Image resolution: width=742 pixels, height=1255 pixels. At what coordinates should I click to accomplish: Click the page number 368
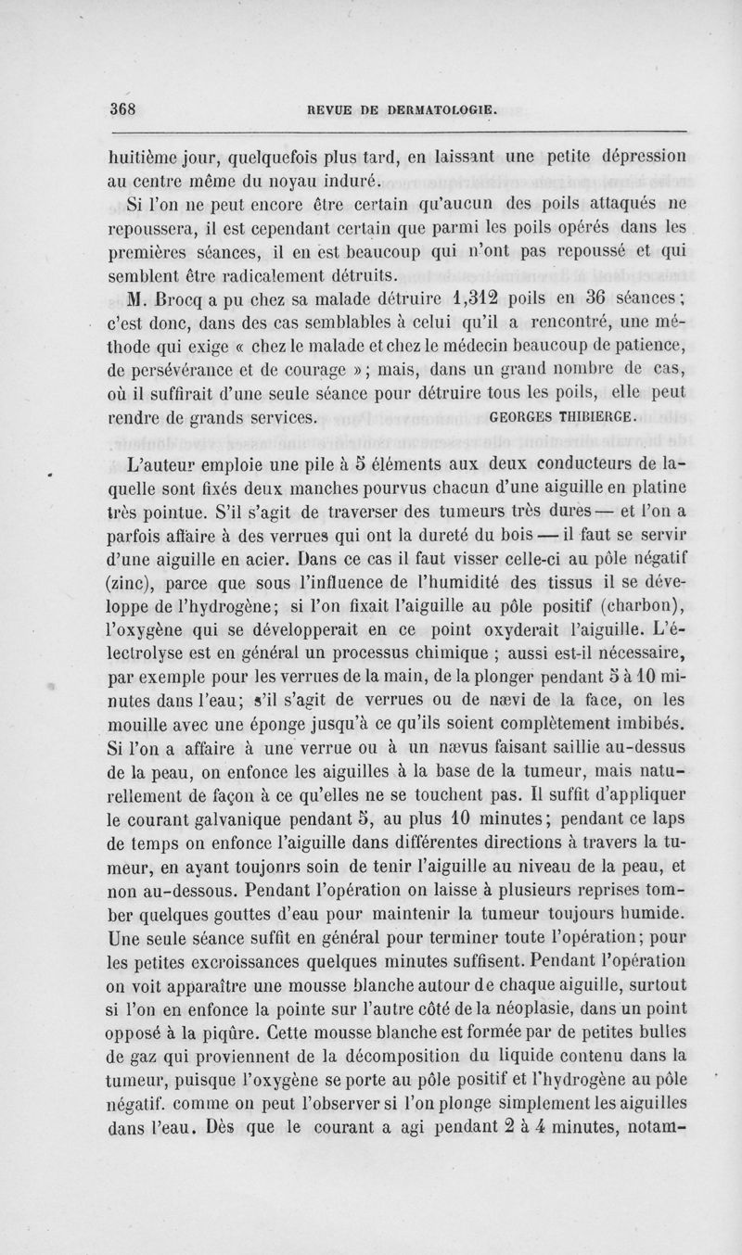coord(122,107)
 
